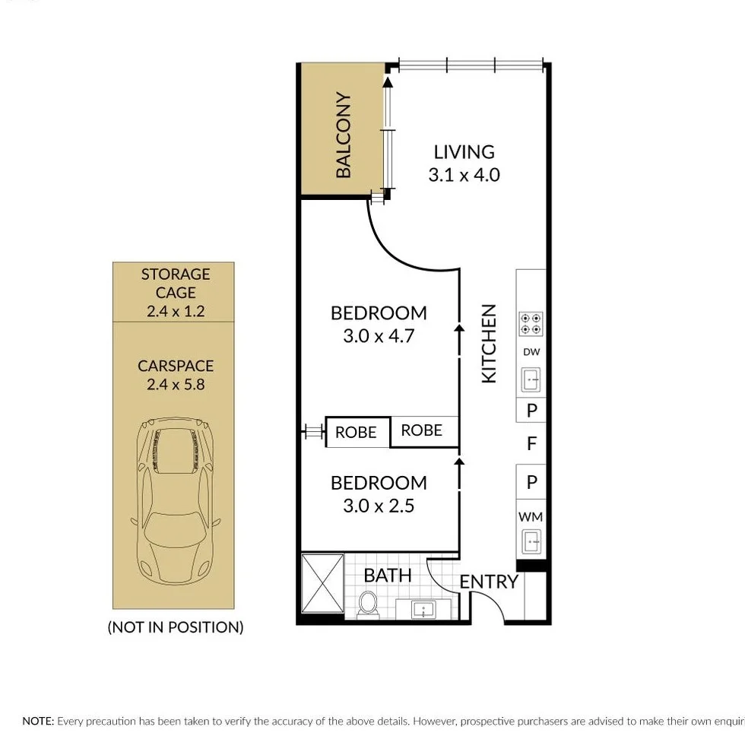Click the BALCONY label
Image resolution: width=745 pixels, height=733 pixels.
344,135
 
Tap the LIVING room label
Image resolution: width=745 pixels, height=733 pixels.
464,152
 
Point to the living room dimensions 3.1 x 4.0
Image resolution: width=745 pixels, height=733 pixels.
464,175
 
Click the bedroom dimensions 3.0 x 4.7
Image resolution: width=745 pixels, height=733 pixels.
378,335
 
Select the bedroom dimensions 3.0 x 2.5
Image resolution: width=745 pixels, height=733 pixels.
378,506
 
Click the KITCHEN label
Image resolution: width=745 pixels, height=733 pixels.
489,344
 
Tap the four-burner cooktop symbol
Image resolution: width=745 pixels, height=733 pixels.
531,324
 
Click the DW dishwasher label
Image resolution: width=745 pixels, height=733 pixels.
531,352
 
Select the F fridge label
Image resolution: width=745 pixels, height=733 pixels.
532,443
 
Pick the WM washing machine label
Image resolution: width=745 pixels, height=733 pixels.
531,517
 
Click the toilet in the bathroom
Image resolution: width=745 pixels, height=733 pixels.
368,605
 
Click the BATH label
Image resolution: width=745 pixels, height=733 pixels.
388,576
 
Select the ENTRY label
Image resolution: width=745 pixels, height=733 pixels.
489,582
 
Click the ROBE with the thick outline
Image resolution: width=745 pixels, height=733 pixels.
357,432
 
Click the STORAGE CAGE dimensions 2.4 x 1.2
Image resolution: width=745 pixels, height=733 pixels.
176,311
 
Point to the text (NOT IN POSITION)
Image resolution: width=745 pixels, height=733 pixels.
176,627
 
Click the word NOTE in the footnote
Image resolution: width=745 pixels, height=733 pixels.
38,721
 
